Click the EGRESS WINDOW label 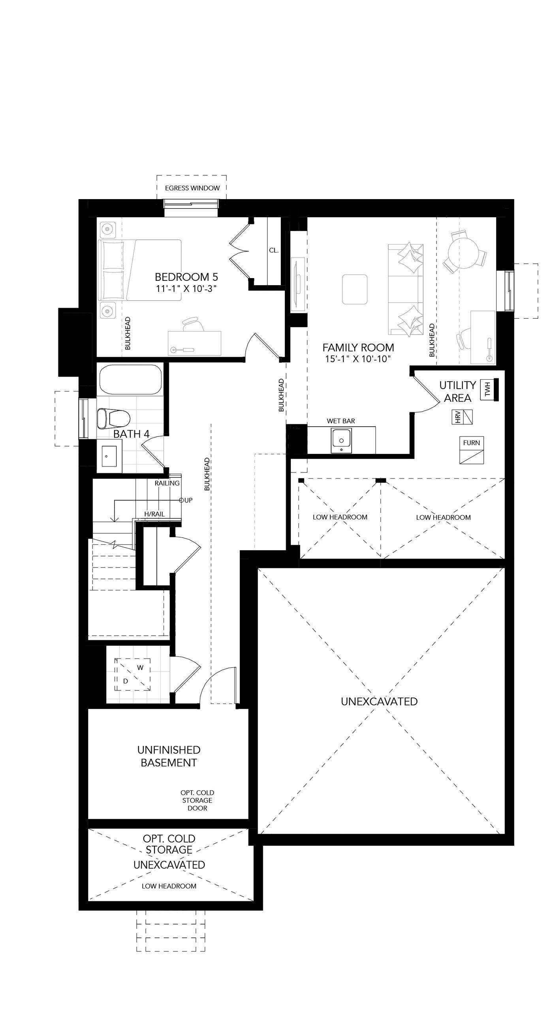192,188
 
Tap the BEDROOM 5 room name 186,276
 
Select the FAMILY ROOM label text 358,347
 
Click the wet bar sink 341,440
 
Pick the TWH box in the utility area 487,389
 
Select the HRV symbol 462,417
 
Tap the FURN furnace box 472,450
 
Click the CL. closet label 273,250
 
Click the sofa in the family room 406,289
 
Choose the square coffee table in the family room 354,289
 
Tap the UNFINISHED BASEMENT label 169,756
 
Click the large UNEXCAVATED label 379,701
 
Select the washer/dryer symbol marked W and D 133,674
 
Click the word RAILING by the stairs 167,483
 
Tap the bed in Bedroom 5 140,270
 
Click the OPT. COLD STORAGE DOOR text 197,800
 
